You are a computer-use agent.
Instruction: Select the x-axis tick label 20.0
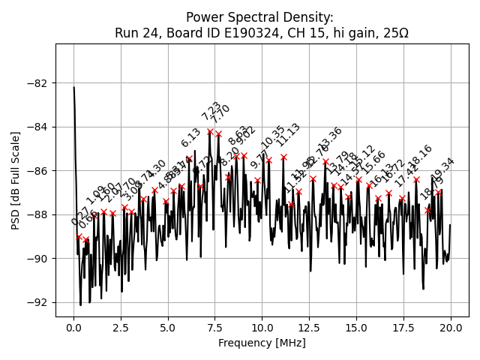pyautogui.click(x=451, y=328)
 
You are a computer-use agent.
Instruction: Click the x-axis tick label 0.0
pyautogui.click(x=73, y=328)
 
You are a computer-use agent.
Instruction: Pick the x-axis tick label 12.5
pyautogui.click(x=309, y=328)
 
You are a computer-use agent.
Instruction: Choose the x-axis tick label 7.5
pyautogui.click(x=215, y=328)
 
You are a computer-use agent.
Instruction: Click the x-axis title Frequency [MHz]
pyautogui.click(x=262, y=343)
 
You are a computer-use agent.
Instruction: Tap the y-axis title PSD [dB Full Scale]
pyautogui.click(x=16, y=180)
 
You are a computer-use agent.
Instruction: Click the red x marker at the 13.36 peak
pyautogui.click(x=325, y=161)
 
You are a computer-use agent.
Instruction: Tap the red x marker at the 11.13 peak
pyautogui.click(x=283, y=157)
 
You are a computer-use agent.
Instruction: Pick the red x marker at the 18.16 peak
pyautogui.click(x=416, y=179)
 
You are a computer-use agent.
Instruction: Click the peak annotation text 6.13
pyautogui.click(x=190, y=138)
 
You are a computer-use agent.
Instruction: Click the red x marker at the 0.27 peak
pyautogui.click(x=79, y=236)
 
